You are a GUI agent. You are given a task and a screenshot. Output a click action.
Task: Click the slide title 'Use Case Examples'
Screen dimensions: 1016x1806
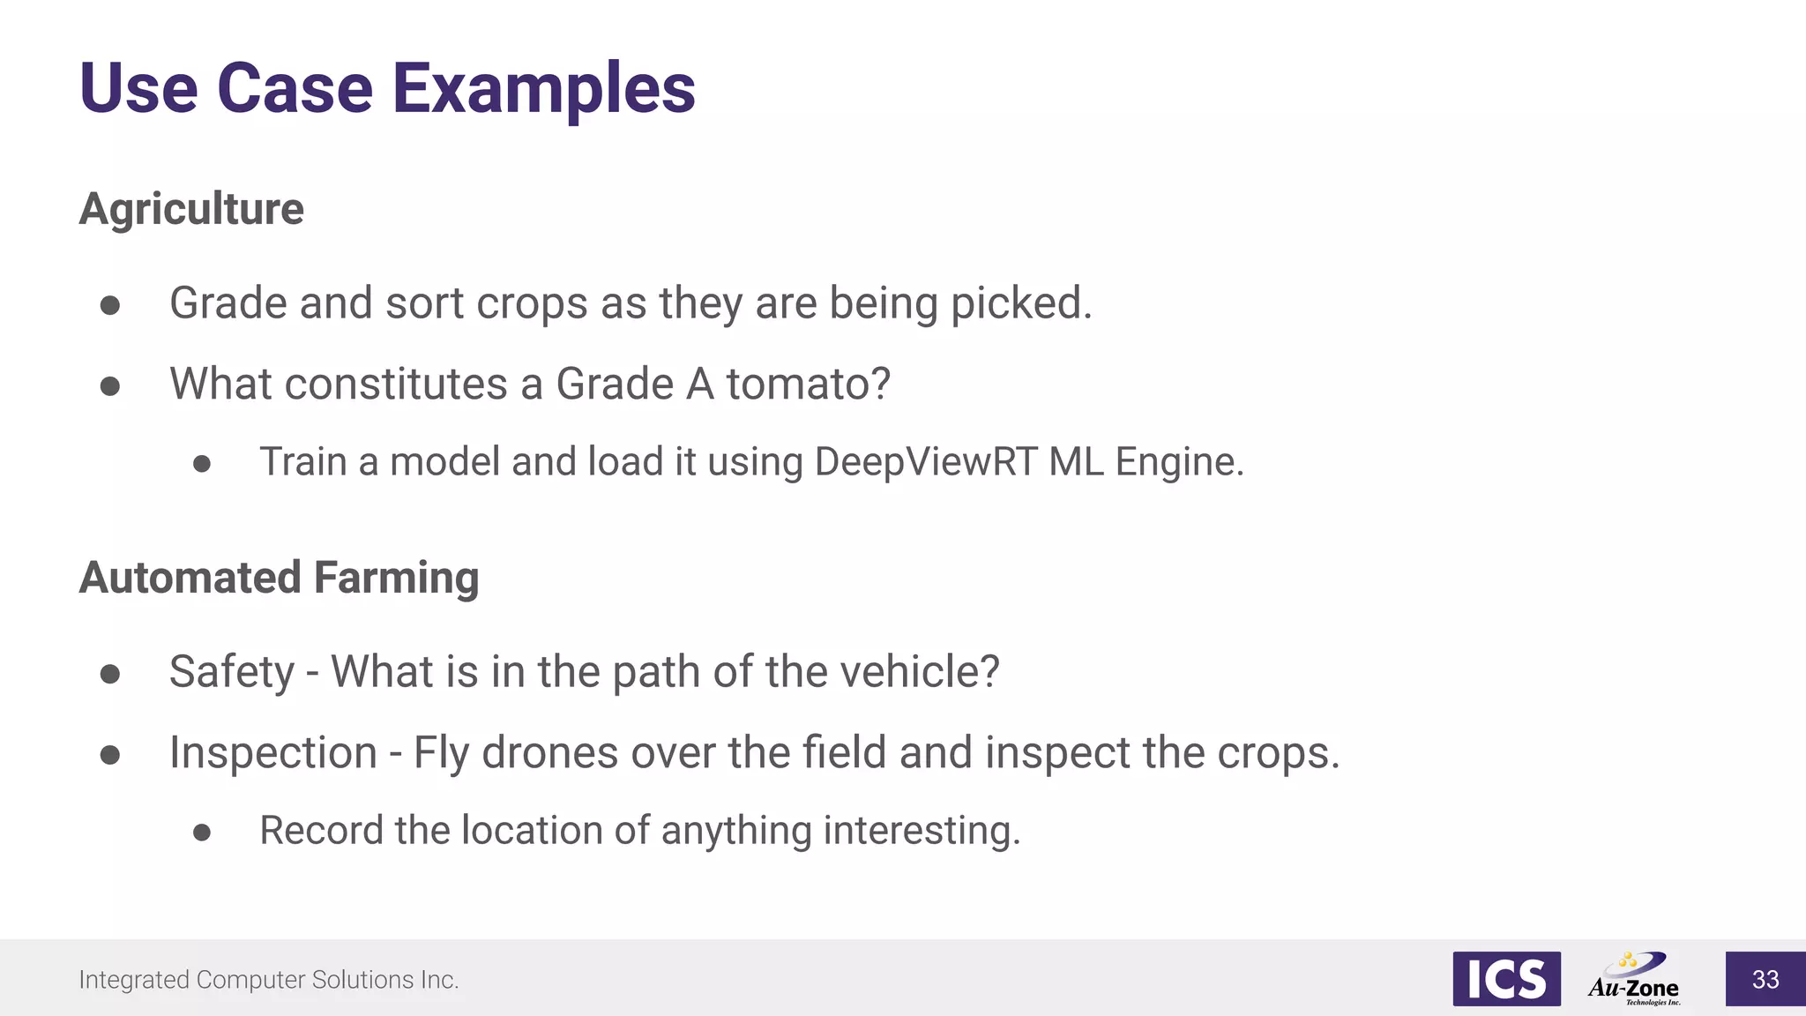tap(387, 88)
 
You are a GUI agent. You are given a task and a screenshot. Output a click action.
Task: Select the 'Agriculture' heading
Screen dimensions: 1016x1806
tap(191, 209)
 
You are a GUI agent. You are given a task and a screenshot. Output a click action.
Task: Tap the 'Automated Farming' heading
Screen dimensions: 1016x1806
tap(279, 578)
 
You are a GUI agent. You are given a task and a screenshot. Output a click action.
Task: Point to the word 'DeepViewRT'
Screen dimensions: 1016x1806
tap(926, 462)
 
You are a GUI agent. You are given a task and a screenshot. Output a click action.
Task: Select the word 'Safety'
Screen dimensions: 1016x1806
tap(232, 672)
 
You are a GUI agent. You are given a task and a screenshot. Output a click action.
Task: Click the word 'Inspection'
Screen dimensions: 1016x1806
tap(273, 753)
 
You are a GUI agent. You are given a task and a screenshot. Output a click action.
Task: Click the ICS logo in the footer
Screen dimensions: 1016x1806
tap(1506, 979)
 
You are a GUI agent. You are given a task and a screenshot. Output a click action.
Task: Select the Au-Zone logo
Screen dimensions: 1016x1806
tap(1634, 979)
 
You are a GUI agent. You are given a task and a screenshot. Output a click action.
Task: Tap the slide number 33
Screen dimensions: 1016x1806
tap(1765, 979)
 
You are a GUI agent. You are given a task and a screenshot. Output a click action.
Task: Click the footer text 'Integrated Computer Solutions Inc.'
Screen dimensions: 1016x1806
tap(269, 980)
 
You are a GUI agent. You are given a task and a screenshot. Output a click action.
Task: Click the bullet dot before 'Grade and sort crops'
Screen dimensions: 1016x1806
tap(110, 305)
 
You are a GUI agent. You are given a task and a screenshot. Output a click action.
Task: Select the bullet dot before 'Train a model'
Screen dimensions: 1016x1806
tap(202, 464)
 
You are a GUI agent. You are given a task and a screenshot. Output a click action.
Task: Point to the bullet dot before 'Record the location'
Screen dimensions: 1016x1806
tap(202, 833)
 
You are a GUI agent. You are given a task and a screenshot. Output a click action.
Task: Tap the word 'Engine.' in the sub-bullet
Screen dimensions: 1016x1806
tap(1180, 462)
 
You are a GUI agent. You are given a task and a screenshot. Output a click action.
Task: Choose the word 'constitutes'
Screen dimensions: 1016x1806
tap(395, 385)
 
